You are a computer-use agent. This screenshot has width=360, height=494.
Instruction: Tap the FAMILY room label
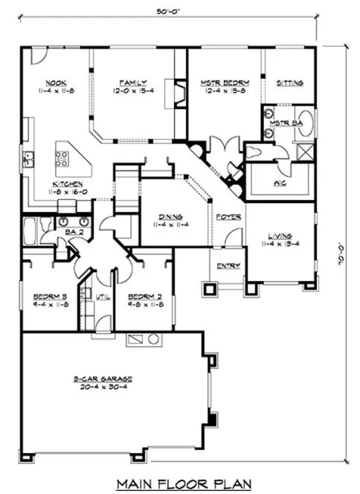click(135, 83)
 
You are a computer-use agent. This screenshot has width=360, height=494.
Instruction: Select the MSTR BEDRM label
click(224, 83)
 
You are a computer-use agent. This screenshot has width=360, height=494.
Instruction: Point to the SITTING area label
click(289, 83)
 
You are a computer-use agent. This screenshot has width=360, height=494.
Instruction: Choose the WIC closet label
click(280, 182)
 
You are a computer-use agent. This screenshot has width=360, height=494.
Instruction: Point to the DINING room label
click(170, 216)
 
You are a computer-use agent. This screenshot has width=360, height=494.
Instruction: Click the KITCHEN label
click(66, 184)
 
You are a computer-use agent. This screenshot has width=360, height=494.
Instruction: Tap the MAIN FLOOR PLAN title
click(180, 484)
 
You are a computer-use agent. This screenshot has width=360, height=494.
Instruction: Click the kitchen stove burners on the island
click(62, 158)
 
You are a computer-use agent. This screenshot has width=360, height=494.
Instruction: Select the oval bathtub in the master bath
click(306, 129)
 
